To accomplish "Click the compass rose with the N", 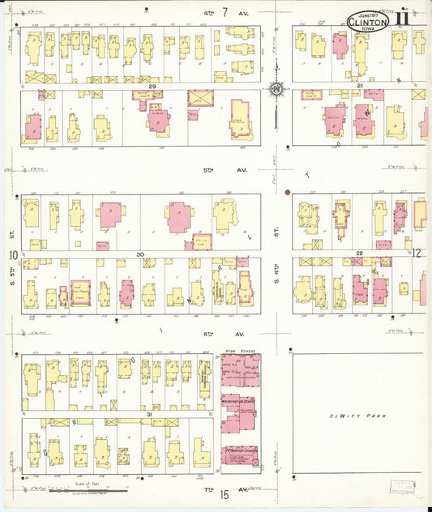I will tap(276, 88).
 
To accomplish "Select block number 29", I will tap(151, 84).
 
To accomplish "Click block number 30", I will tap(139, 254).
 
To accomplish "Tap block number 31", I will tap(148, 414).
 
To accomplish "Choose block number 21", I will tap(358, 85).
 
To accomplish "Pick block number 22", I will tap(357, 254).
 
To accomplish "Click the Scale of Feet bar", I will tap(88, 491).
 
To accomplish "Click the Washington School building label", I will tap(241, 399).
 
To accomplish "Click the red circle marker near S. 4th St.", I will tap(287, 192).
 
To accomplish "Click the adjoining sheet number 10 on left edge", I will tap(14, 255).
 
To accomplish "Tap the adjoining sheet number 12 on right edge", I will tap(417, 254).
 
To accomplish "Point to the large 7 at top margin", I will tap(224, 12).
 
